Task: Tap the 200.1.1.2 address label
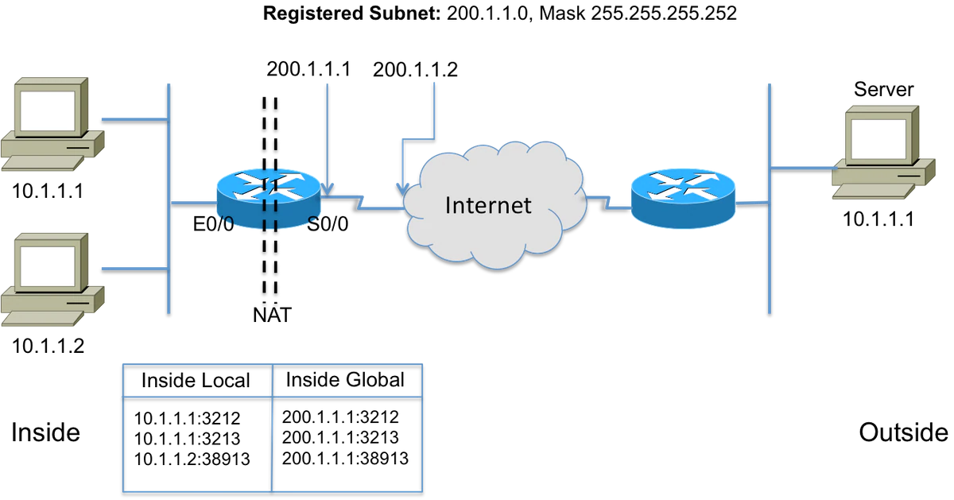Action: pos(416,70)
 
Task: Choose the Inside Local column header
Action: pos(196,381)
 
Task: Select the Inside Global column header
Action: pos(345,380)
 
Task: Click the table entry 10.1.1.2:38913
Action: pos(192,459)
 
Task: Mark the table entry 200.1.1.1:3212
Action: pos(339,417)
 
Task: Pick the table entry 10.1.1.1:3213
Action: pos(186,438)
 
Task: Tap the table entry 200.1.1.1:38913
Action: pos(345,458)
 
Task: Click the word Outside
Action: pos(903,432)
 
